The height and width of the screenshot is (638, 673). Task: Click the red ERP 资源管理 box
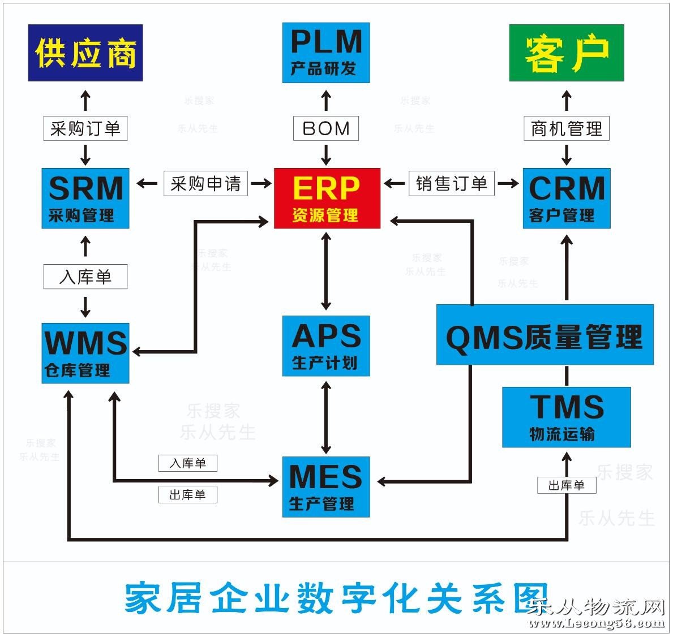pyautogui.click(x=327, y=198)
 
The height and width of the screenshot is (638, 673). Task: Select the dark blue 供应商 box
pyautogui.click(x=85, y=53)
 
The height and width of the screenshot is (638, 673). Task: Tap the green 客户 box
pyautogui.click(x=566, y=53)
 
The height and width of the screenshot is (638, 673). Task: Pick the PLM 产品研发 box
pyautogui.click(x=326, y=53)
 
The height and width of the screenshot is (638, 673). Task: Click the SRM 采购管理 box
pyautogui.click(x=85, y=198)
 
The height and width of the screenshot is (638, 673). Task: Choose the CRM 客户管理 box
pyautogui.click(x=566, y=198)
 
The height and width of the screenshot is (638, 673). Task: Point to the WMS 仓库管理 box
pyautogui.click(x=85, y=353)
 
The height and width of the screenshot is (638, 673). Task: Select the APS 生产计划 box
pyautogui.click(x=326, y=346)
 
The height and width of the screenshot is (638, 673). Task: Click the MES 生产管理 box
pyautogui.click(x=326, y=486)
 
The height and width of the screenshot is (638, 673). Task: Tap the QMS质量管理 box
pyautogui.click(x=545, y=335)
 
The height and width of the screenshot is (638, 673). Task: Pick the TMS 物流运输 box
pyautogui.click(x=566, y=417)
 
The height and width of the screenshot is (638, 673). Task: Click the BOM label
pyautogui.click(x=326, y=128)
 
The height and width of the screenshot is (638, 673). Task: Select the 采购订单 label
pyautogui.click(x=85, y=128)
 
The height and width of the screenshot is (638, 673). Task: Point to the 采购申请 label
pyautogui.click(x=205, y=183)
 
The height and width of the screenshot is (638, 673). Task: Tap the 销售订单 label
pyautogui.click(x=451, y=183)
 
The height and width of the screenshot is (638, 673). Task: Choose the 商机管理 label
pyautogui.click(x=566, y=128)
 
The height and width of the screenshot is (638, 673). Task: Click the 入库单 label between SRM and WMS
pyautogui.click(x=85, y=277)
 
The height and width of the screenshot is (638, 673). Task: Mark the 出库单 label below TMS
pyautogui.click(x=566, y=485)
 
